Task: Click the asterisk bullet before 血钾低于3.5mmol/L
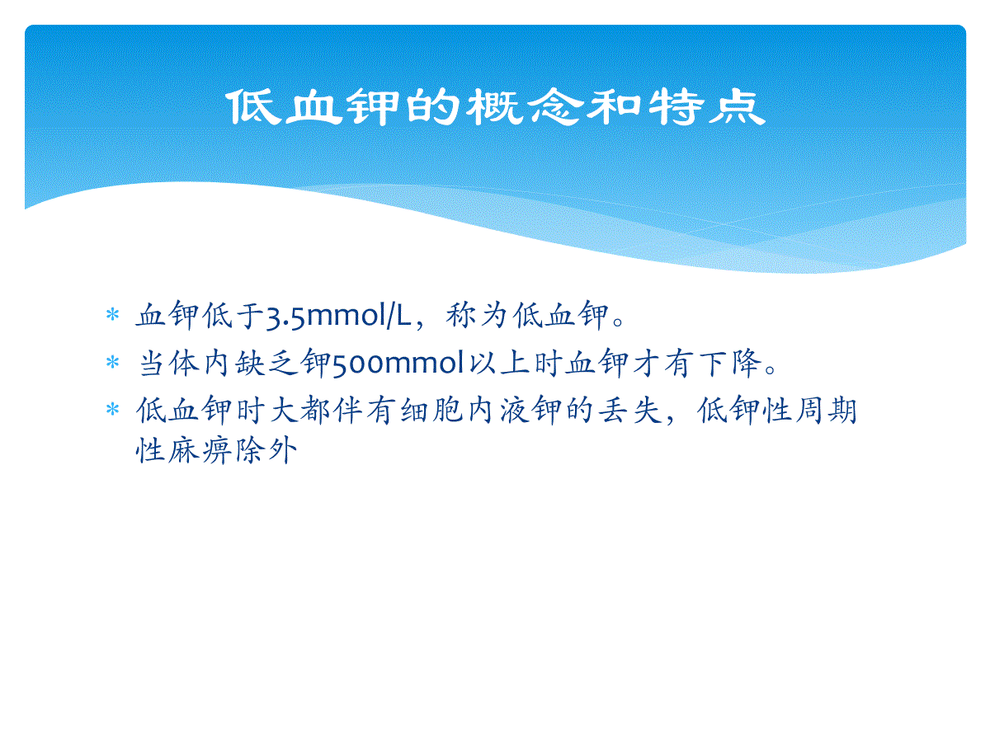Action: click(112, 314)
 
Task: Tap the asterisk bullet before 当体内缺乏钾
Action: click(112, 362)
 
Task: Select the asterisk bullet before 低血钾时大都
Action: click(112, 409)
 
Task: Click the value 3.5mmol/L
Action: click(338, 316)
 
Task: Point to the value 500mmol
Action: click(398, 363)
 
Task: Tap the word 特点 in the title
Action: click(707, 107)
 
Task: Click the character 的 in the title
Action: click(432, 107)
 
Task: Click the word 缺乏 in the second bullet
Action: click(266, 363)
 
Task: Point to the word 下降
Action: click(731, 363)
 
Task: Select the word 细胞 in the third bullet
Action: click(431, 411)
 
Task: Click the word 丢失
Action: click(629, 411)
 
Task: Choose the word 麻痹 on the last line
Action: click(200, 450)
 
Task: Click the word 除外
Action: click(266, 450)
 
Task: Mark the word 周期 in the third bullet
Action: click(825, 411)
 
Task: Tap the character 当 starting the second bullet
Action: click(152, 363)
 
